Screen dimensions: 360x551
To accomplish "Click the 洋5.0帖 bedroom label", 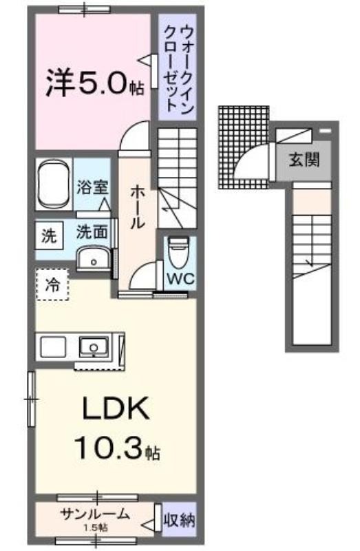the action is point(95,83).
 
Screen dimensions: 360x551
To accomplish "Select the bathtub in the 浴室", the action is point(54,185).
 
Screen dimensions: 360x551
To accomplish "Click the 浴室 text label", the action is point(92,187).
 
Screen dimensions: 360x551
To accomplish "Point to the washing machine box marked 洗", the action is point(49,236).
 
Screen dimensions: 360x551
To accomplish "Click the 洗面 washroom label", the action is point(92,232).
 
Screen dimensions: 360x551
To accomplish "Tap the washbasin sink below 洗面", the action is point(94,258).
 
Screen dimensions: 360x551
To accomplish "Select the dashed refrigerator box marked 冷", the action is point(53,284).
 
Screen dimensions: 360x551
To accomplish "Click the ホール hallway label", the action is point(138,207).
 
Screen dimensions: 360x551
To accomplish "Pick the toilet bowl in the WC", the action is point(179,251).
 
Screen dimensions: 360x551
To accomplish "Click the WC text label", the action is point(180,279).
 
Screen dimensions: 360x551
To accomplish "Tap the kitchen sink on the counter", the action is point(94,346).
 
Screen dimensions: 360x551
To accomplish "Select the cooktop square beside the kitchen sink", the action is point(53,347).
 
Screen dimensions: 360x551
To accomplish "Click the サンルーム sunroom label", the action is point(95,514).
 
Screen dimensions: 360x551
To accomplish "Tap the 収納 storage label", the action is point(179,520).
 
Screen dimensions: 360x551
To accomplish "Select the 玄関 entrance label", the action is point(304,160).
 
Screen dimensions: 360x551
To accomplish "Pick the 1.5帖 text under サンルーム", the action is point(96,528).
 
